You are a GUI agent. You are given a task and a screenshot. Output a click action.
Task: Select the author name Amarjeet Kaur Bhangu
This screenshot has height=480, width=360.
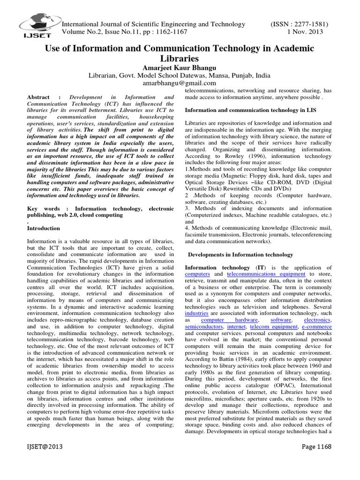(x=180, y=67)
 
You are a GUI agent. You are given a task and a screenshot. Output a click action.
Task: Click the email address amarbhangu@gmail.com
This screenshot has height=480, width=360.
(x=180, y=83)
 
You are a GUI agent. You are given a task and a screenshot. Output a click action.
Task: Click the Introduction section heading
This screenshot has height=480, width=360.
(x=44, y=228)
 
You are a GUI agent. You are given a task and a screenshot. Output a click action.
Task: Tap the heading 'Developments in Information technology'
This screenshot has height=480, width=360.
(x=240, y=255)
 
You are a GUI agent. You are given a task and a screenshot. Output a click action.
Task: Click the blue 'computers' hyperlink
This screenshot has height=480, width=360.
(x=197, y=274)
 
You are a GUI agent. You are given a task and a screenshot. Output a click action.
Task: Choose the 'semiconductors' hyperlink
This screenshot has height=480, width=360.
(x=204, y=326)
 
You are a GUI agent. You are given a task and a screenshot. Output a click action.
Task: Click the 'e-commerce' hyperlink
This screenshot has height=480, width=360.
(x=316, y=326)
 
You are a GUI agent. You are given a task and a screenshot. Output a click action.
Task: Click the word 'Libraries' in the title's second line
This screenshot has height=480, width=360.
(x=180, y=59)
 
